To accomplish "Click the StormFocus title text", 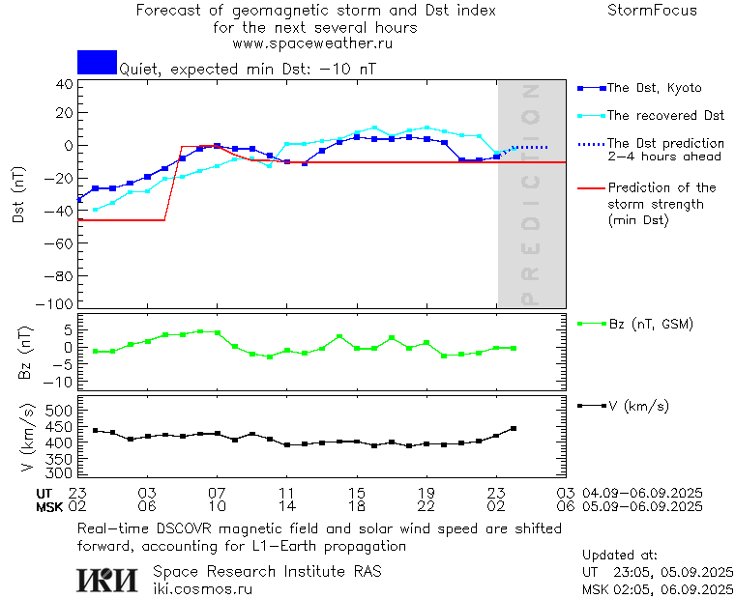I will click(652, 11).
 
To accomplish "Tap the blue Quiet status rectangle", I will click(97, 62).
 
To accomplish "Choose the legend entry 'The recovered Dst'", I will click(665, 116).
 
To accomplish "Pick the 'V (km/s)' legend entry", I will click(637, 406).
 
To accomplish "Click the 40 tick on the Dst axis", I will click(65, 84).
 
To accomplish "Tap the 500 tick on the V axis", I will click(60, 412).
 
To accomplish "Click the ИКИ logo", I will click(108, 579).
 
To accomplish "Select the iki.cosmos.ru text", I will click(202, 587).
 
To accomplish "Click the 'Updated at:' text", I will click(620, 556).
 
